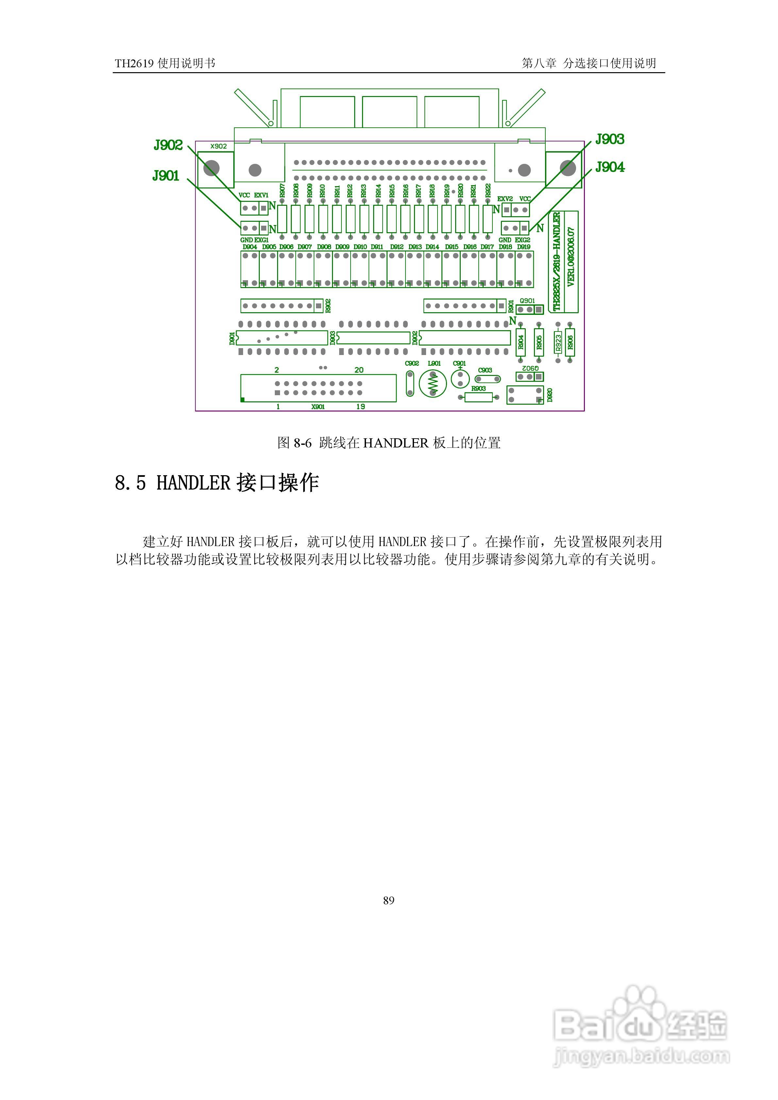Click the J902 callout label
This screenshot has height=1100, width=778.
(168, 145)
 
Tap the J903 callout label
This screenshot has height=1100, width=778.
(610, 139)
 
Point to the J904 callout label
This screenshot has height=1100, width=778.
(610, 167)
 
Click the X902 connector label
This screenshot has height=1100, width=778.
(219, 146)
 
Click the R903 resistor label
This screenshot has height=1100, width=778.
(478, 389)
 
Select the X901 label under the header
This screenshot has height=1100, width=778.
(318, 407)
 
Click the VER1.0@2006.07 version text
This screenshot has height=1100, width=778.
(571, 257)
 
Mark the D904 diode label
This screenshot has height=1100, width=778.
(250, 247)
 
